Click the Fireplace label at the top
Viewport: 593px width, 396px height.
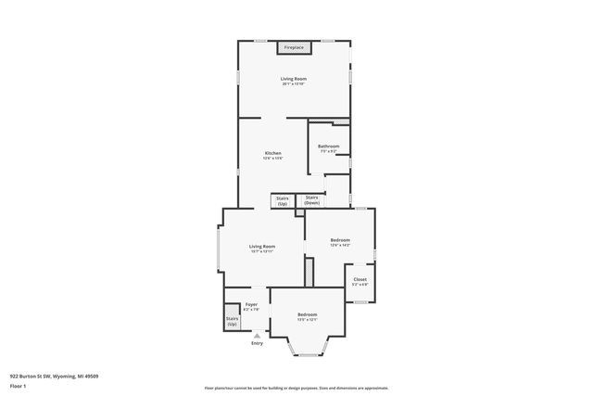[x=294, y=47]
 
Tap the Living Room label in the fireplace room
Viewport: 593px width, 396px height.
[x=294, y=79]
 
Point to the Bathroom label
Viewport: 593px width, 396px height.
[x=329, y=147]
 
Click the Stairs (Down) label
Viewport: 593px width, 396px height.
[x=312, y=199]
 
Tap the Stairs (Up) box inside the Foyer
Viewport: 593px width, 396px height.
[x=232, y=321]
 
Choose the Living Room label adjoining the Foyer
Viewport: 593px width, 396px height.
[x=262, y=247]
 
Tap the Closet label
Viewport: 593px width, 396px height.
[x=360, y=279]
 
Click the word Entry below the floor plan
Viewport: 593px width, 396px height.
[x=257, y=344]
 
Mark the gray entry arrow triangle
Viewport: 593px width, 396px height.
[x=257, y=336]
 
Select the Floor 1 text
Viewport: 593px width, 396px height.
[x=19, y=385]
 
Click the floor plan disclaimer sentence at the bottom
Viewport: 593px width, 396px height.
[x=296, y=388]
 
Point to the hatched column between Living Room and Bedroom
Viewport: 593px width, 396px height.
[x=310, y=273]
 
